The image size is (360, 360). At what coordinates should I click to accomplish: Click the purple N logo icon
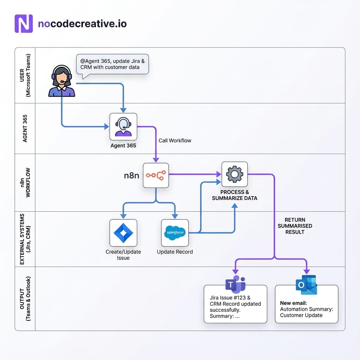pos(24,24)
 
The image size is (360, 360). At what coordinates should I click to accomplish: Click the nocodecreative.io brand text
pos(82,24)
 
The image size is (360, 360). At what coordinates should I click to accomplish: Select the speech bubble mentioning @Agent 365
pos(112,64)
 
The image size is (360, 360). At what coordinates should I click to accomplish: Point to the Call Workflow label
pos(175,140)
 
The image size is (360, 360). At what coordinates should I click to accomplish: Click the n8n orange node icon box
pos(156,175)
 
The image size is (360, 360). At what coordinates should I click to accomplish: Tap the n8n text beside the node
pos(131,175)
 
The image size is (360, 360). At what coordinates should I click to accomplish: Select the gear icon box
pos(234,174)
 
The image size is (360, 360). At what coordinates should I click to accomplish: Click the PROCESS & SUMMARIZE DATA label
pos(234,195)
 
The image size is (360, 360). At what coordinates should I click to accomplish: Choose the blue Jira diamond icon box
pos(123,233)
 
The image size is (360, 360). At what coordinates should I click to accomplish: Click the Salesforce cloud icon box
pos(175,233)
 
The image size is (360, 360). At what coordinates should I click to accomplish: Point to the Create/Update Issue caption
pos(123,255)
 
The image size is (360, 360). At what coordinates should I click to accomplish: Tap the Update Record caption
pos(175,252)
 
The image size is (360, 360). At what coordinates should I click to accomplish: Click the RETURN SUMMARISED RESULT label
pos(295,226)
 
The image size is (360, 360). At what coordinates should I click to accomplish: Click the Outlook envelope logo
pos(306,285)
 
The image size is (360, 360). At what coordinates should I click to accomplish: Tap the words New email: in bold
pos(294,303)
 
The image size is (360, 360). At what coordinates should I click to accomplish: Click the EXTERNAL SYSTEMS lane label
pos(25,239)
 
